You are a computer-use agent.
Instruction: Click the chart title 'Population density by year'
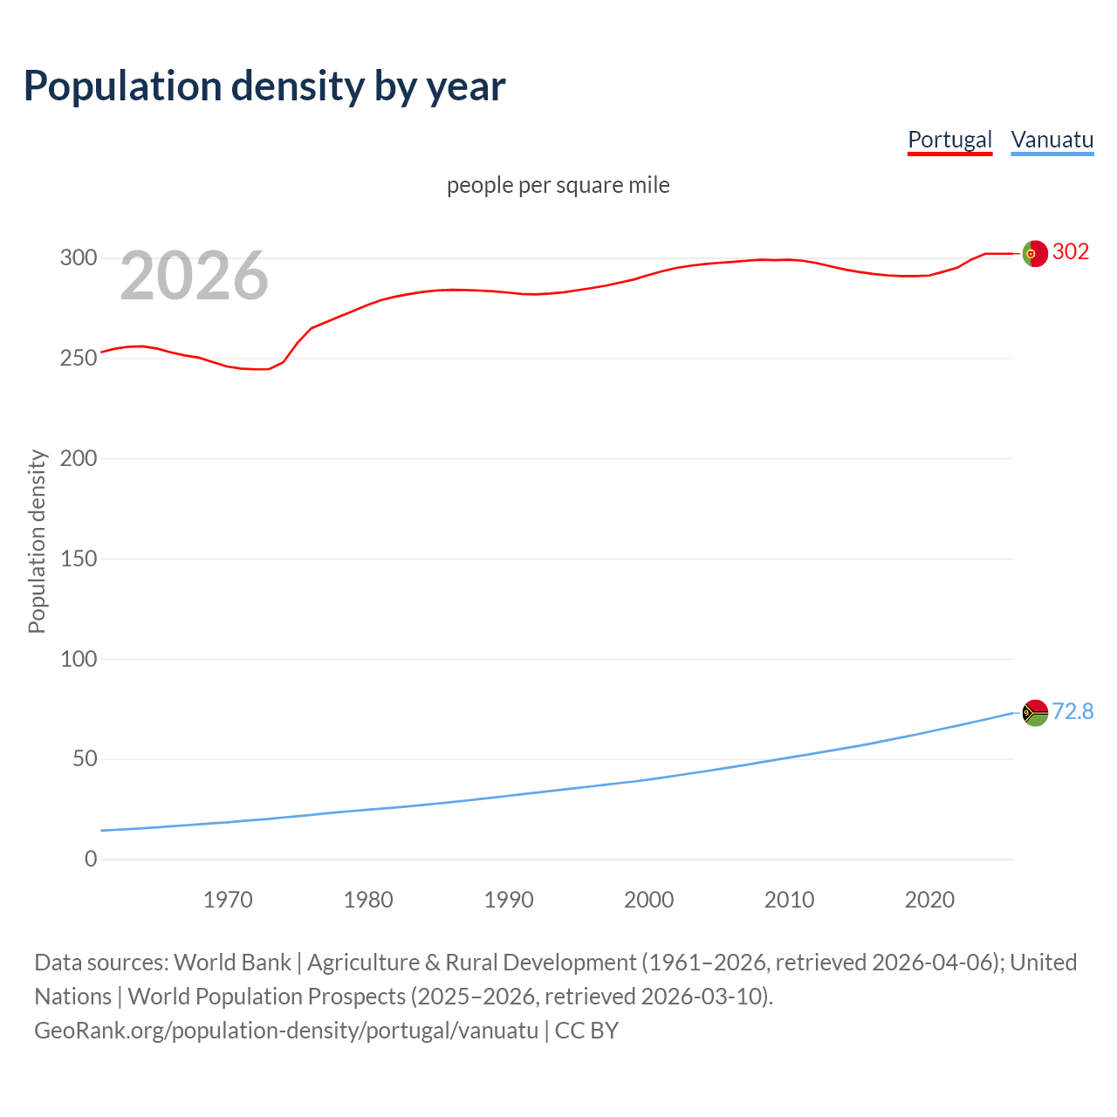coord(264,86)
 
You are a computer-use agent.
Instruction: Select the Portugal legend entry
coord(949,140)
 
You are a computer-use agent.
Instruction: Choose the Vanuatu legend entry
coord(1052,140)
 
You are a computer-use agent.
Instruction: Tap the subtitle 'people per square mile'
coord(558,185)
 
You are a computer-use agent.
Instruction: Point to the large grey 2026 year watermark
coord(194,277)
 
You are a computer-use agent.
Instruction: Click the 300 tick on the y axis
coord(79,257)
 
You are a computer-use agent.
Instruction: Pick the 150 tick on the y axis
coord(79,558)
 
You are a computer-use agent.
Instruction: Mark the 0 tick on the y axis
coord(91,859)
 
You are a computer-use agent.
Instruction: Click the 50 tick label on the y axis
coord(84,758)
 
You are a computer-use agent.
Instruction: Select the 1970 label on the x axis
coord(228,900)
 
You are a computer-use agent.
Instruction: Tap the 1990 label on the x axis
coord(509,900)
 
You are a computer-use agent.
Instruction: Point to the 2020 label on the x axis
coord(929,900)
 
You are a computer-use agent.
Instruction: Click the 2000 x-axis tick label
coord(648,900)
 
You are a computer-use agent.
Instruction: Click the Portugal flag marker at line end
coord(1035,253)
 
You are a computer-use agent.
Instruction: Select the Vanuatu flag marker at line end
coord(1035,713)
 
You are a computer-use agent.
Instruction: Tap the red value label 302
coord(1071,251)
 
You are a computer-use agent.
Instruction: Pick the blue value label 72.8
coord(1072,711)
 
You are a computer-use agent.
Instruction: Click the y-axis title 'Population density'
coord(37,541)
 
